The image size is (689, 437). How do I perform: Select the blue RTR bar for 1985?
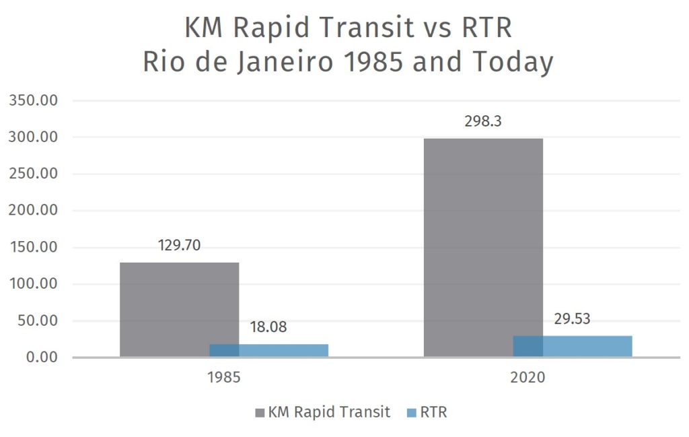269,350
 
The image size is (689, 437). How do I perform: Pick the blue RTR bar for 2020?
573,346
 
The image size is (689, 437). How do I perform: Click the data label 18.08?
268,328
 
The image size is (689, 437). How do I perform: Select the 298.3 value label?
483,122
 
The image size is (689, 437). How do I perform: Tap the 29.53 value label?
572,318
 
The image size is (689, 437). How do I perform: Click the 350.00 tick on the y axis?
34,101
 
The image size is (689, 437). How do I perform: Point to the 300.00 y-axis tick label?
34,137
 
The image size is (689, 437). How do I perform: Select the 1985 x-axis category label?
224,378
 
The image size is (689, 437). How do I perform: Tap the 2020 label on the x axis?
528,378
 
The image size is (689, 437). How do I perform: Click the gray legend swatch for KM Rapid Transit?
260,413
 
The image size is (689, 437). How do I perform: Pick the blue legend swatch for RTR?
412,413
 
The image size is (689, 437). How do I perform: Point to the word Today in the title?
512,62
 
